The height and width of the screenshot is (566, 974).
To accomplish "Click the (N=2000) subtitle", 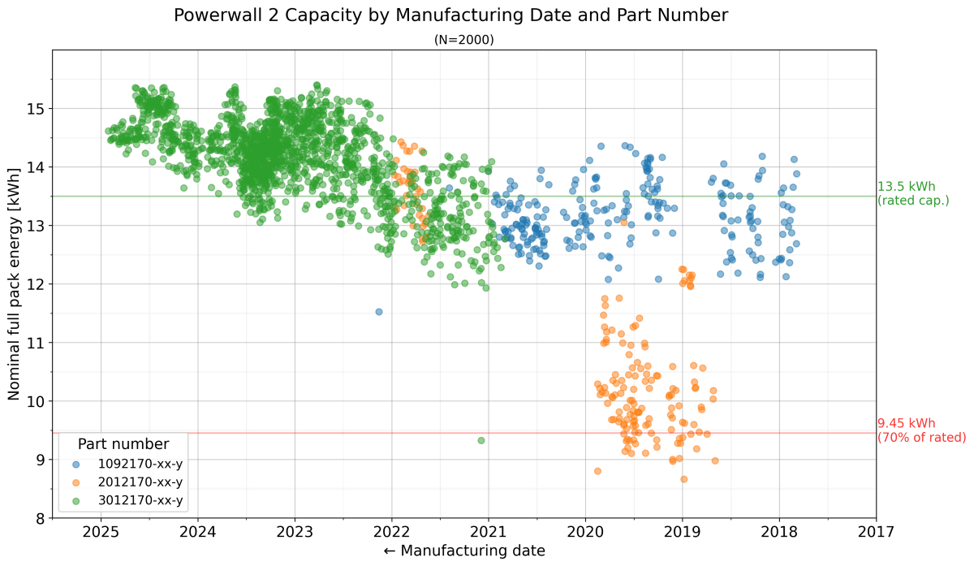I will pyautogui.click(x=464, y=39).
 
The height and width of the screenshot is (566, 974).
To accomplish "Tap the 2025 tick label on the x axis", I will pyautogui.click(x=101, y=532).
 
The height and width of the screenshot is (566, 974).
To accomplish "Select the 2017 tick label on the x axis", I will pyautogui.click(x=876, y=532).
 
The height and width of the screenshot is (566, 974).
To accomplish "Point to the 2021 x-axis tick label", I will pyautogui.click(x=489, y=532).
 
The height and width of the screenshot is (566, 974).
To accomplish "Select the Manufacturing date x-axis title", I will pyautogui.click(x=463, y=551).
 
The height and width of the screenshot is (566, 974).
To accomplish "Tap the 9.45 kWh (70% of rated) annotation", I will pyautogui.click(x=921, y=430).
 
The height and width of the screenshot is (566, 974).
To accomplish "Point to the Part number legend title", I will pyautogui.click(x=123, y=444).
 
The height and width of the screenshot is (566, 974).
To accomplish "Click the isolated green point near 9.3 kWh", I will pyautogui.click(x=481, y=440).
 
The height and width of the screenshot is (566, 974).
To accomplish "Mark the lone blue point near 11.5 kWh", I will pyautogui.click(x=379, y=312).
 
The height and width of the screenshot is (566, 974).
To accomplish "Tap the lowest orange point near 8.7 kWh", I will pyautogui.click(x=684, y=479).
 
